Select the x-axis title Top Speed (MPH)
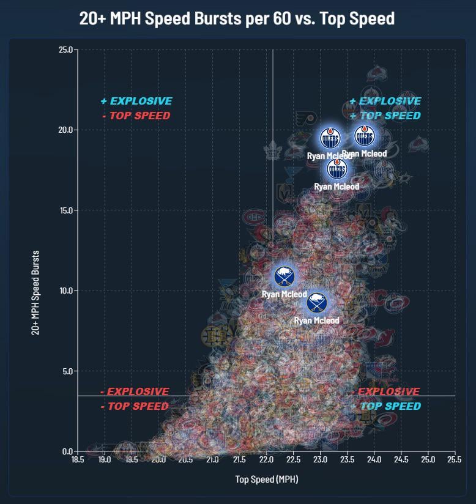266,480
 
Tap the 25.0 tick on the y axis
65,50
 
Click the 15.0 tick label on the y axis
65,210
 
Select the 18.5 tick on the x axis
77,459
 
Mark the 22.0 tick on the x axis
266,459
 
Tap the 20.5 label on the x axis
185,459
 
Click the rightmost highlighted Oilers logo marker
366,135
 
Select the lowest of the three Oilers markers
337,168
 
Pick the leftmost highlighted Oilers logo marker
330,136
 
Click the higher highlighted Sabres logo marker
284,276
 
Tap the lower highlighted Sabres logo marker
316,302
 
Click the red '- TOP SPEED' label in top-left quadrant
136,116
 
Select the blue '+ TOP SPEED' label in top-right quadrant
385,116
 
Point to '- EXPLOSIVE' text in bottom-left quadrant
135,391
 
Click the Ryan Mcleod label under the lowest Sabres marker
316,321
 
